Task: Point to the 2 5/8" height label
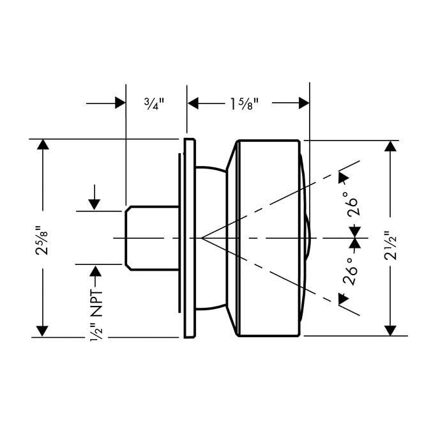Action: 43,238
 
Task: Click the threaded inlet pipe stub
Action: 152,238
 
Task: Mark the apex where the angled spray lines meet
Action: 202,238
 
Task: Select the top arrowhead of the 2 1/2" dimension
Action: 389,146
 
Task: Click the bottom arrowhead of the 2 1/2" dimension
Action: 389,329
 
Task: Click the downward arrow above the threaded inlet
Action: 95,204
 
